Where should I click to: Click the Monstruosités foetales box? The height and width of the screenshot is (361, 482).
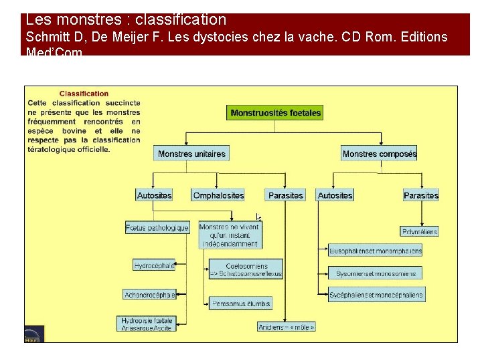click(x=276, y=113)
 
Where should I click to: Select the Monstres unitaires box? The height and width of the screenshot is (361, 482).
click(x=191, y=154)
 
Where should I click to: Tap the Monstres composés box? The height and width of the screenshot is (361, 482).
click(x=379, y=154)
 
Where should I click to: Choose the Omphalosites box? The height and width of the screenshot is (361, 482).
click(x=218, y=195)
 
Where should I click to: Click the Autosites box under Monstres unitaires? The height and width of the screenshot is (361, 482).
click(x=155, y=195)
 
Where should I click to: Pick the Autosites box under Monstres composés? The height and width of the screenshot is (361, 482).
click(x=335, y=195)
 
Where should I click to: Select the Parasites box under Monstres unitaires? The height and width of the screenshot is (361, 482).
click(x=285, y=195)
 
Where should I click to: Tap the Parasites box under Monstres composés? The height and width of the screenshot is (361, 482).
click(x=421, y=195)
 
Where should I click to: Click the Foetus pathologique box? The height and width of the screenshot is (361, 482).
click(x=157, y=227)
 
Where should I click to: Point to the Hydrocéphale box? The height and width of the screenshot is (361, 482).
click(x=154, y=265)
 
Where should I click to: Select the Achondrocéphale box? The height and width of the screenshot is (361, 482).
click(x=150, y=294)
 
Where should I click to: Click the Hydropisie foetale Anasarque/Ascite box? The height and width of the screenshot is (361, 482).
click(x=147, y=324)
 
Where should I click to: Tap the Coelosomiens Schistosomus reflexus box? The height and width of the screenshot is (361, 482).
click(x=246, y=269)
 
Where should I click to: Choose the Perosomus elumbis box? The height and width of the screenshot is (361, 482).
click(x=241, y=304)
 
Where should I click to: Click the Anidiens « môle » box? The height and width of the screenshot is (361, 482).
click(x=287, y=327)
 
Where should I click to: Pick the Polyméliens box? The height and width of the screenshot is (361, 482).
click(x=420, y=231)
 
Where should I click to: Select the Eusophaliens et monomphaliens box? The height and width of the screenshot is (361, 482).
click(x=376, y=251)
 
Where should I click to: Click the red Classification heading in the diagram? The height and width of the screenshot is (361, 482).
click(x=84, y=94)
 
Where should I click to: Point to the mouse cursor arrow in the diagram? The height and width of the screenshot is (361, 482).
click(x=258, y=217)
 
